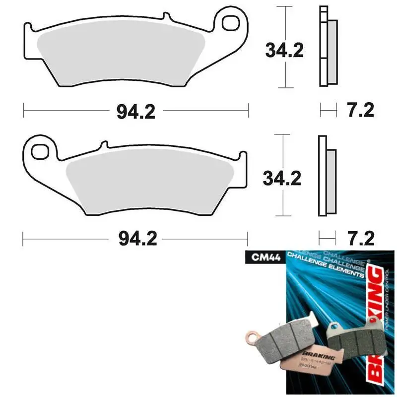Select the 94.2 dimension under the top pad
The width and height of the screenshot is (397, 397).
coord(136,112)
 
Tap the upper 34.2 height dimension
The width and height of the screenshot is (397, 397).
coord(284,50)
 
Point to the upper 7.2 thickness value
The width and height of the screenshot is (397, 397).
coord(360,110)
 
